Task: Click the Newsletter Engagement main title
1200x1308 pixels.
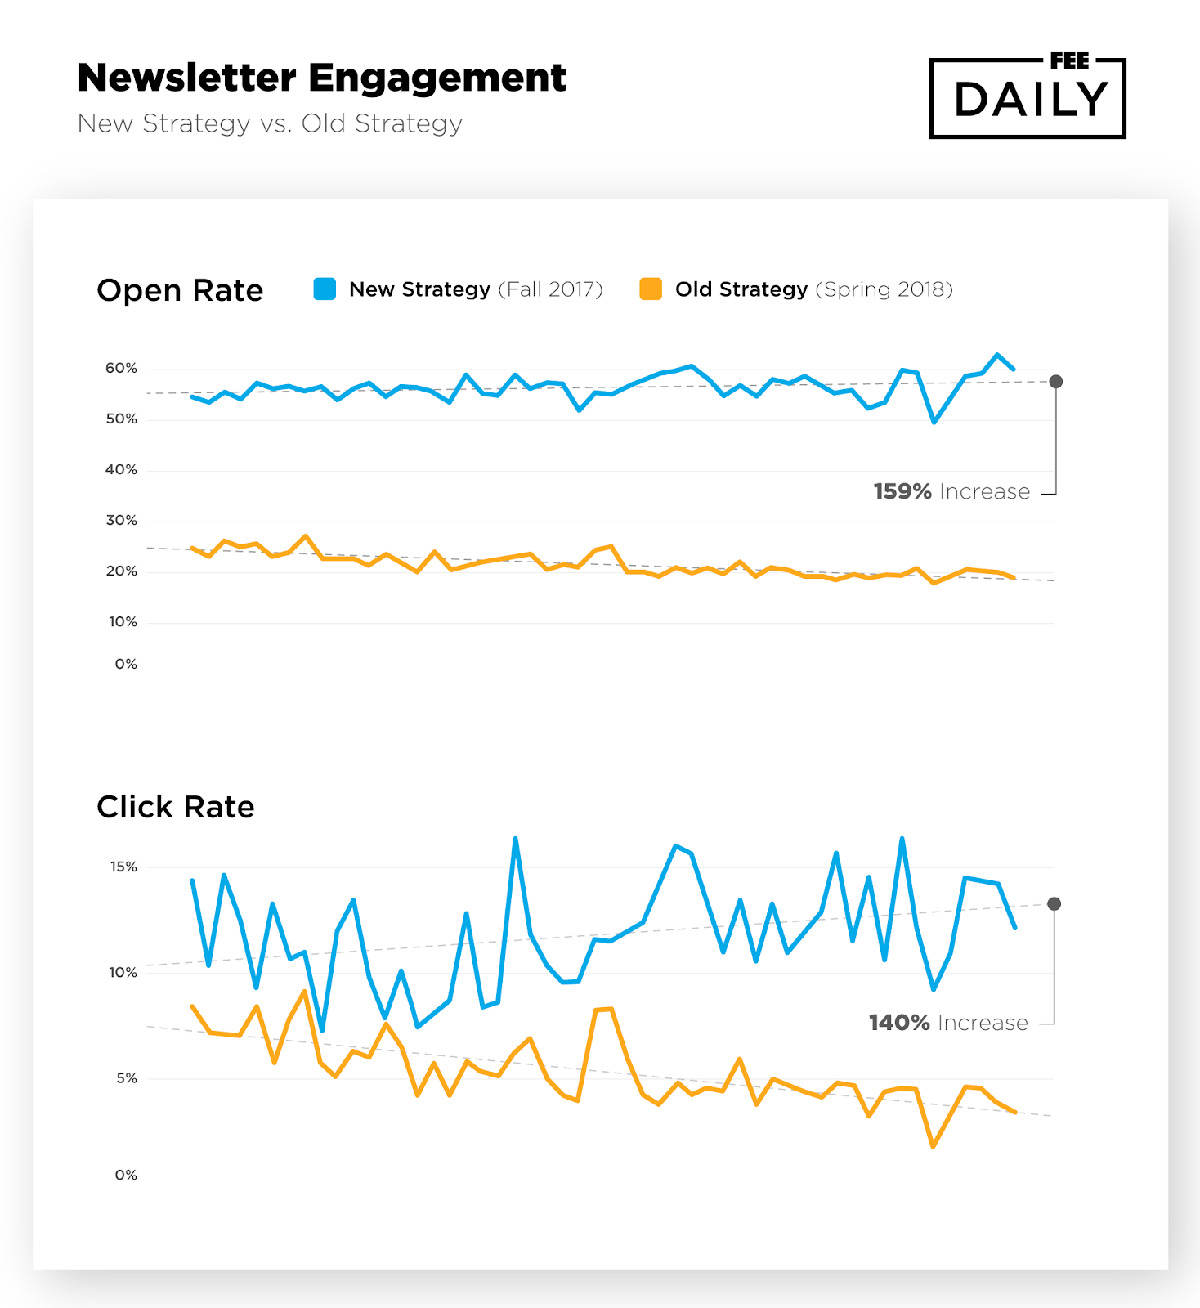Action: [321, 78]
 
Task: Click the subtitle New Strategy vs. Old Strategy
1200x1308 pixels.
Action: [270, 123]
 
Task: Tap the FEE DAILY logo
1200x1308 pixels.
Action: [1028, 97]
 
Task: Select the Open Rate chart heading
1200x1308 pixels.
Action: [180, 290]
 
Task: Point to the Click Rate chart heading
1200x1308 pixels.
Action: [176, 807]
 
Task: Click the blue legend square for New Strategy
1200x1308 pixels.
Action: [325, 289]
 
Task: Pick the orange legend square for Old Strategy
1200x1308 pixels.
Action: [651, 289]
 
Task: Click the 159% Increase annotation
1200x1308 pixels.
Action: [951, 491]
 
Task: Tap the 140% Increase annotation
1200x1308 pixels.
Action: [948, 1023]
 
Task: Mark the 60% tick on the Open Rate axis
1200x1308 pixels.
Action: [121, 369]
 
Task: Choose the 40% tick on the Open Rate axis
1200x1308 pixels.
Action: [121, 470]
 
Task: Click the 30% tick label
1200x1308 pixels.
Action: [121, 521]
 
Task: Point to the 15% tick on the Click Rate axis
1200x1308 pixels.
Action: [123, 867]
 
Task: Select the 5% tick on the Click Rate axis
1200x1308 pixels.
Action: [126, 1078]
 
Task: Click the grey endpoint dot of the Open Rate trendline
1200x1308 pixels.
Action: [1056, 382]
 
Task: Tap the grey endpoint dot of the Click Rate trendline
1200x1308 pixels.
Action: [1054, 903]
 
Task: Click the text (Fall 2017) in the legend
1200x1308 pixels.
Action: [550, 289]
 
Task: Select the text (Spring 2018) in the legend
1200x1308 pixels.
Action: [884, 289]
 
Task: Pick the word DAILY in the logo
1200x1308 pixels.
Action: [1030, 101]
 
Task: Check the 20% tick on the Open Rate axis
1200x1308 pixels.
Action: [121, 571]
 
